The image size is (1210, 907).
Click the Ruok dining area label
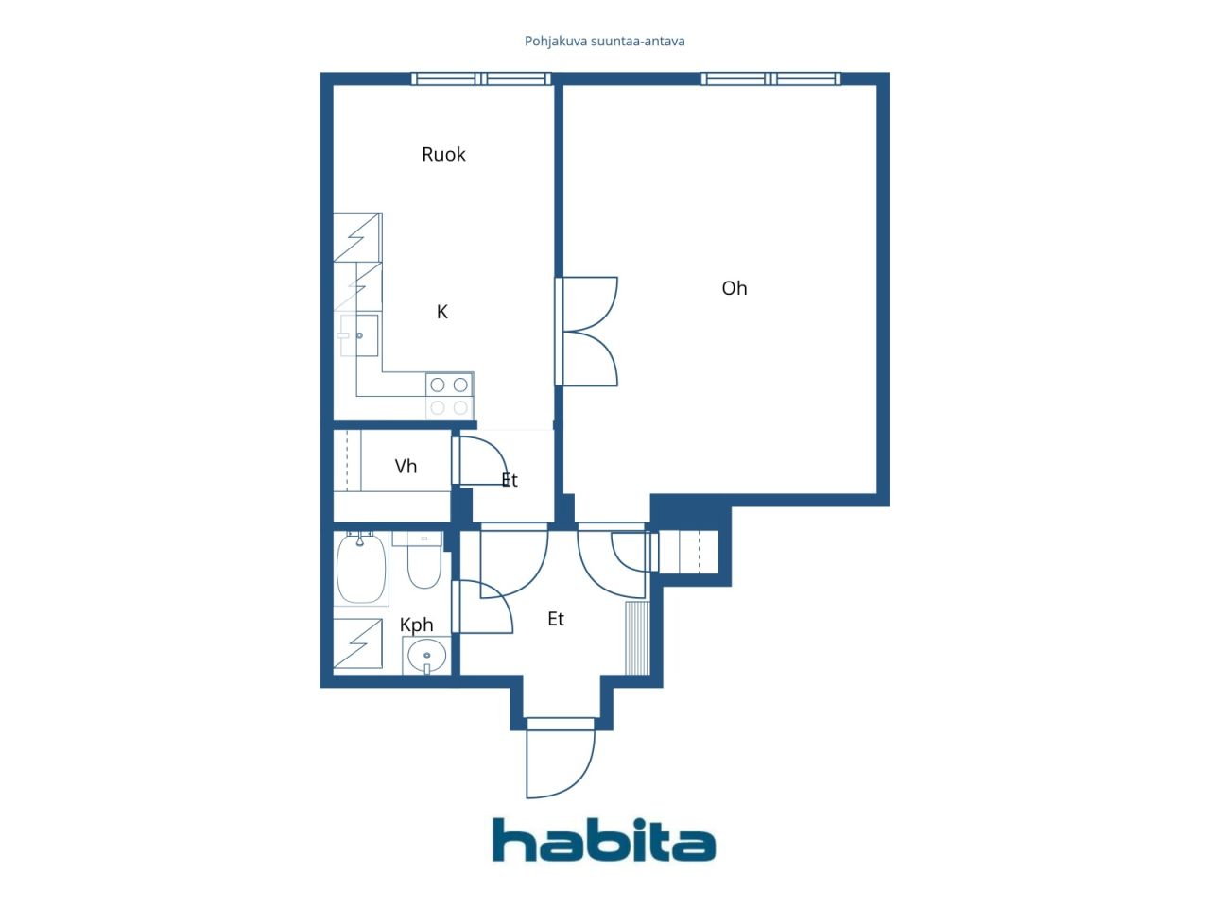(x=443, y=154)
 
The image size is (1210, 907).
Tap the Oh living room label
(x=735, y=288)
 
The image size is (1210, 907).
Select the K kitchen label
(x=441, y=312)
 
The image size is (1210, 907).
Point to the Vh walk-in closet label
(x=406, y=467)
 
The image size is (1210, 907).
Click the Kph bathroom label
(x=416, y=625)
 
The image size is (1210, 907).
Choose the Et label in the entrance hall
(x=556, y=619)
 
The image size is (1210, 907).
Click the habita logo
(x=604, y=840)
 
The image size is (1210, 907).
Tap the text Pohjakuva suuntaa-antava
(x=604, y=42)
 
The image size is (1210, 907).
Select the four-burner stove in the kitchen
(x=449, y=396)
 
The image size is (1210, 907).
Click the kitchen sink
(x=359, y=335)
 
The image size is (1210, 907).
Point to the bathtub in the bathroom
(x=361, y=569)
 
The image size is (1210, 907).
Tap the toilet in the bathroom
(x=423, y=560)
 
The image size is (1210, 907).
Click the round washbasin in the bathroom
(x=426, y=656)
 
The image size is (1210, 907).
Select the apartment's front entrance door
(x=560, y=758)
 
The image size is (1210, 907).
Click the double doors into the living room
(x=586, y=331)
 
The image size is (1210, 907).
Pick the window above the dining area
(x=481, y=78)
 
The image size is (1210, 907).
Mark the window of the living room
(x=770, y=78)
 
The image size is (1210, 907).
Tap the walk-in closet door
(x=479, y=460)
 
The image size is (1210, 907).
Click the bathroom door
(x=482, y=607)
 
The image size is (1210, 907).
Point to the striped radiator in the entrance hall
(x=637, y=639)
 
